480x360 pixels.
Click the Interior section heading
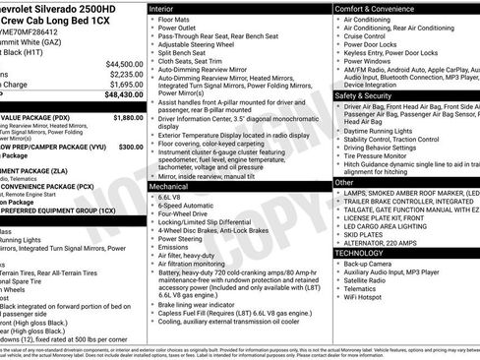tap(162, 8)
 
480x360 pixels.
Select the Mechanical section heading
tap(169, 185)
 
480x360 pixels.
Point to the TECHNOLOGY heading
tap(361, 253)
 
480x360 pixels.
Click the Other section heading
tap(343, 182)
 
